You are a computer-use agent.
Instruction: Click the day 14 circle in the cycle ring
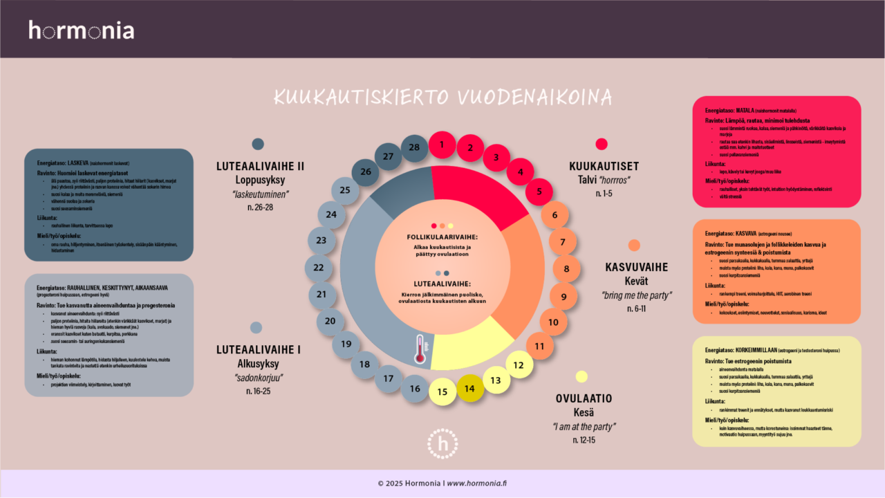pos(470,388)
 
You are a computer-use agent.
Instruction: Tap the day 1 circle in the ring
pos(442,145)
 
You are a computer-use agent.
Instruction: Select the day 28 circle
pos(414,147)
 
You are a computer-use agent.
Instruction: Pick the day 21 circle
pos(322,294)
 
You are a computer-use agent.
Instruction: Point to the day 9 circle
pos(563,296)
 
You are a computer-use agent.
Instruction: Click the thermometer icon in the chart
pos(419,349)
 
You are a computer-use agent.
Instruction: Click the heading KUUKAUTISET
pos(604,166)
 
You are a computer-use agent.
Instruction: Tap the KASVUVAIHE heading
pos(637,267)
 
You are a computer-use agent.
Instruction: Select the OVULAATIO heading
pos(584,398)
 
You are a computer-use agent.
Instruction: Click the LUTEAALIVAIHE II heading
pos(260,166)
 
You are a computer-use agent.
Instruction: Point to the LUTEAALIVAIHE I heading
pos(258,349)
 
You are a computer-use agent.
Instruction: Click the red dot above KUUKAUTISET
pos(602,144)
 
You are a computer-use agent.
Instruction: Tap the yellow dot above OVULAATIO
pos(581,376)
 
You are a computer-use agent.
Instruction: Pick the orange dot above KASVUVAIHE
pos(634,245)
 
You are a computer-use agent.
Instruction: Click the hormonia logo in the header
pos(82,30)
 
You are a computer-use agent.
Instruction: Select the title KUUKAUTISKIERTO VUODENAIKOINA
pos(442,96)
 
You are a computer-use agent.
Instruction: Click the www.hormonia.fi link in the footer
pos(476,483)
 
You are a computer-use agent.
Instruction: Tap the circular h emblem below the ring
pos(442,443)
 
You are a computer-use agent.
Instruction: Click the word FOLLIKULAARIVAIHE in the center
pos(442,237)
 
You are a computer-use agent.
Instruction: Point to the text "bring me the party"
pos(636,295)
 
